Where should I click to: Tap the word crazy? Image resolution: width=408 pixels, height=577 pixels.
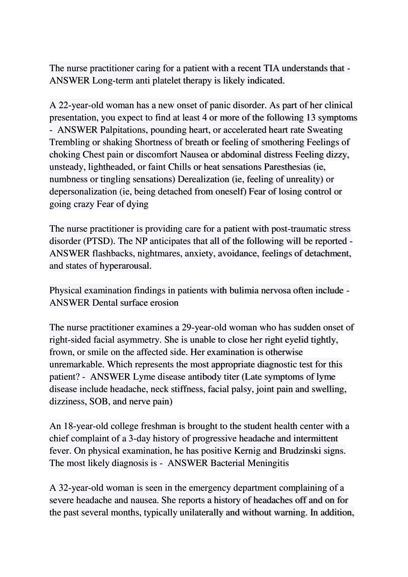pyautogui.click(x=84, y=204)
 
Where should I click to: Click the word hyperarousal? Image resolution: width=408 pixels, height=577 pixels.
pyautogui.click(x=126, y=266)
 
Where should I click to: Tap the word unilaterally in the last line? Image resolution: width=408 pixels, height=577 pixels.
pyautogui.click(x=183, y=512)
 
